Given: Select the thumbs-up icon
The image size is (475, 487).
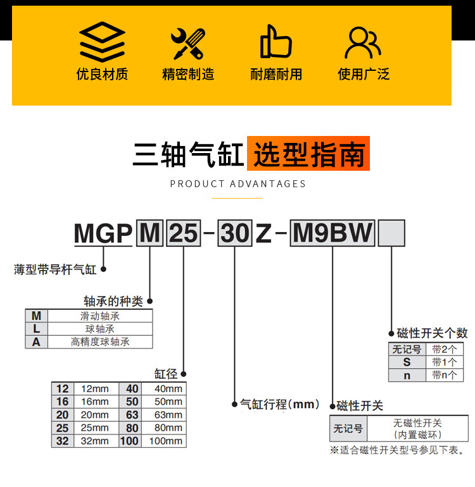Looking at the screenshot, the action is [275, 42].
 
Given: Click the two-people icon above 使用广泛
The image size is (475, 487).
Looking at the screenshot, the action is [363, 42].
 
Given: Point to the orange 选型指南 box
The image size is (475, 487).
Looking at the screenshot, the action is [308, 154].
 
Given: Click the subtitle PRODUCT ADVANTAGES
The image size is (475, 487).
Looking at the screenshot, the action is [238, 184].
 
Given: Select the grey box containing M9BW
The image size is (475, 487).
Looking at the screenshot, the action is [333, 233].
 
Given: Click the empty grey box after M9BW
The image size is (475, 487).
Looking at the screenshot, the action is [391, 233].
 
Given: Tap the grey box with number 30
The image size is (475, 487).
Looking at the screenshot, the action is [236, 234].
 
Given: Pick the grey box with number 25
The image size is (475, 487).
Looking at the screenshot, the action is [183, 234].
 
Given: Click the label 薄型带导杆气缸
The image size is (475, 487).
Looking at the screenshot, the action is [55, 269].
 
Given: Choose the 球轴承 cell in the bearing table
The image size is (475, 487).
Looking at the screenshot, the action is [100, 329].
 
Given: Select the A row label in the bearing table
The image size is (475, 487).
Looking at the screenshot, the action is [36, 342].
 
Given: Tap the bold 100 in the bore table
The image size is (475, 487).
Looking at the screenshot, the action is [130, 441].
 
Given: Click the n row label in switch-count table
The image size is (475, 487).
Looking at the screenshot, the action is [407, 375].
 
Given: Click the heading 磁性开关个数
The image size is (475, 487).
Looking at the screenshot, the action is [432, 333].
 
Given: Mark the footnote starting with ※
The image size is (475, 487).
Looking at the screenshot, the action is [398, 450].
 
